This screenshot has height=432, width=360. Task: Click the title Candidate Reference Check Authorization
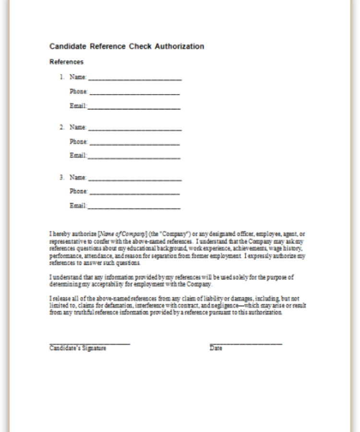tap(127, 47)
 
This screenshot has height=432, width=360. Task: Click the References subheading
tap(66, 62)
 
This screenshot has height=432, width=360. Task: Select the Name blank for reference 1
tap(135, 77)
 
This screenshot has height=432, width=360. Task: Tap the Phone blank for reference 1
tap(134, 92)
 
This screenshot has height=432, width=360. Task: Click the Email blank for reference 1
tap(134, 106)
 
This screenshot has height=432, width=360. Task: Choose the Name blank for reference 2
tap(135, 128)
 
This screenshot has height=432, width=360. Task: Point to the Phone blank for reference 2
tap(134, 142)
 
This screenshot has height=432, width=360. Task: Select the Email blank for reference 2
tap(134, 156)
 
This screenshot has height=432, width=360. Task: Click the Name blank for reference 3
tap(135, 178)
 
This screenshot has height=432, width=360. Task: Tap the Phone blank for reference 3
tap(134, 192)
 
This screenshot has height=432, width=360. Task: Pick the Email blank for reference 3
tap(134, 206)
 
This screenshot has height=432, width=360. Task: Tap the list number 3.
tap(61, 178)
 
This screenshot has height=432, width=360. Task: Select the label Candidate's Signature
tap(78, 348)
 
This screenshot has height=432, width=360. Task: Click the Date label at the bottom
tap(216, 348)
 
